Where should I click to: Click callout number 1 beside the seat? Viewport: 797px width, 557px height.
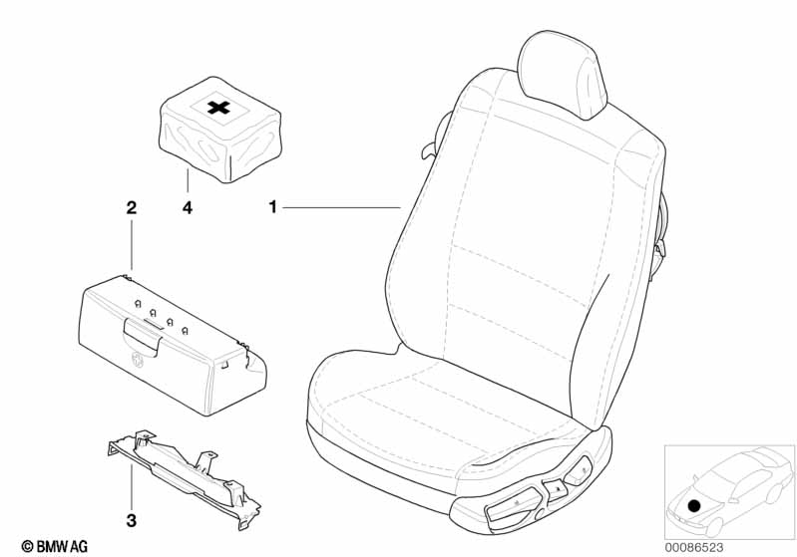tap(273, 207)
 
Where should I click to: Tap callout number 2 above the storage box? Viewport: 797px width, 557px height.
tap(131, 207)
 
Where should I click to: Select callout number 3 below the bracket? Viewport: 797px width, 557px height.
tap(131, 520)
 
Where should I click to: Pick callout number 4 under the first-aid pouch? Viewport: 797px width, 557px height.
tap(188, 207)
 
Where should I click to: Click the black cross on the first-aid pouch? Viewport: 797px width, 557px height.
tap(218, 108)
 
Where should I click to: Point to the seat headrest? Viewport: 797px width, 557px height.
tap(562, 75)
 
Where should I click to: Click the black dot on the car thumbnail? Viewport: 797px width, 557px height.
tap(693, 506)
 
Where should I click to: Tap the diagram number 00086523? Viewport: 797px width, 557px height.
tap(694, 547)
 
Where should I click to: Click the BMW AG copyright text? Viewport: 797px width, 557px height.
tap(55, 546)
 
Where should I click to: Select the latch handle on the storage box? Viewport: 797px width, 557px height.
tap(143, 336)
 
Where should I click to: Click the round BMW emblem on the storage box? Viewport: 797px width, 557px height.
tap(138, 359)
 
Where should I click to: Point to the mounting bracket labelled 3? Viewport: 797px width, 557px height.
tap(184, 478)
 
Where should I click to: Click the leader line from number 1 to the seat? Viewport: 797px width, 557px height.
tap(341, 207)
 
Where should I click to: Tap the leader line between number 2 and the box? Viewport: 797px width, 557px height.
tap(132, 245)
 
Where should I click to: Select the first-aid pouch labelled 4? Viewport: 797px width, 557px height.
tap(220, 130)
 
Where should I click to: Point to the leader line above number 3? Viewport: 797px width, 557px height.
tap(131, 486)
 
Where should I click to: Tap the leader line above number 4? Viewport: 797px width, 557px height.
tap(188, 183)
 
